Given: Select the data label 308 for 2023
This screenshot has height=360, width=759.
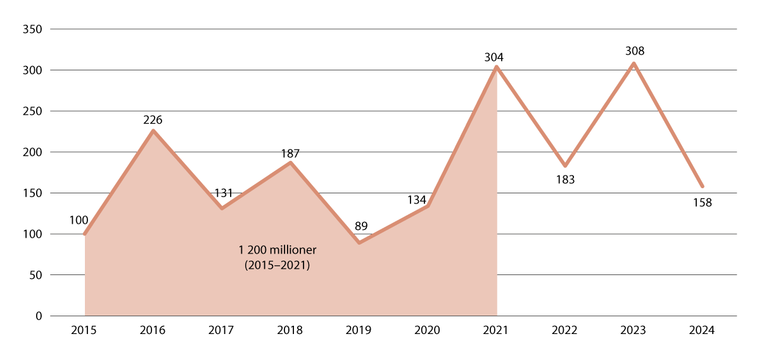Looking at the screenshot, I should coord(634,51).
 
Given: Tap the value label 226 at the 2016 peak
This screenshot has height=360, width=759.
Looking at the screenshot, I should coord(153,119).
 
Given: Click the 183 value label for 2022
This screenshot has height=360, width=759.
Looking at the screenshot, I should coord(565,180).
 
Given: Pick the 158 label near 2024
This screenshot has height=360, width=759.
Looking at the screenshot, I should coord(702,203).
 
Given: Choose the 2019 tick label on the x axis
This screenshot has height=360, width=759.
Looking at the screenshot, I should coord(359,331).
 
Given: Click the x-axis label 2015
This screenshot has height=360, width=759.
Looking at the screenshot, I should coord(84,331).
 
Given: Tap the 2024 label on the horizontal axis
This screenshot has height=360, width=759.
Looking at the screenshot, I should coord(702,331).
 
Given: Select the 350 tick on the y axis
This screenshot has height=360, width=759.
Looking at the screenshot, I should coord(32,29).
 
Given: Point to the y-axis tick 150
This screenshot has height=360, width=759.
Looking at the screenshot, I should coord(32,193).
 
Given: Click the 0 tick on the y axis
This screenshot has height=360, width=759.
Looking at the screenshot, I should coord(38,316).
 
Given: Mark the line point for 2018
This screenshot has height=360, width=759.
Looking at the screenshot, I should coord(290,163).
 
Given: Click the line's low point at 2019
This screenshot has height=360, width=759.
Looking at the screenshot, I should coord(359,243).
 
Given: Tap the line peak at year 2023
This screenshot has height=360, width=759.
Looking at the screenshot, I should coord(634,63).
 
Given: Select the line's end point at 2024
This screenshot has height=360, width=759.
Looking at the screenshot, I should coord(702,186).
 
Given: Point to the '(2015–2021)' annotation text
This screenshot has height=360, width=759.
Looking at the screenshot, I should coord(277,266).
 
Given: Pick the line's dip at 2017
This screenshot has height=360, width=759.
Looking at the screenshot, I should coord(222,209).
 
